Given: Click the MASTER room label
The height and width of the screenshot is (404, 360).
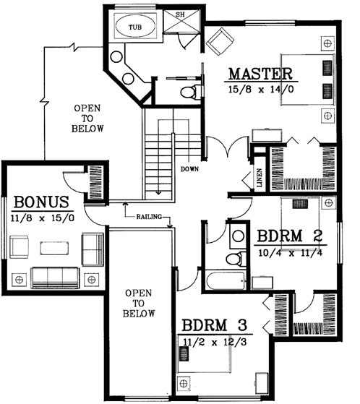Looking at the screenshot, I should (x=260, y=74).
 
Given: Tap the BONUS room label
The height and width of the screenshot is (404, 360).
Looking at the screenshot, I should (x=40, y=202).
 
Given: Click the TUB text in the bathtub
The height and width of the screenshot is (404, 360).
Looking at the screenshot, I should (x=135, y=27).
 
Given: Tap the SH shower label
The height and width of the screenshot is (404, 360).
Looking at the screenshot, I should (x=180, y=15).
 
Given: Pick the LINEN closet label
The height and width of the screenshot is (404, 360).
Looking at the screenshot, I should (x=259, y=178).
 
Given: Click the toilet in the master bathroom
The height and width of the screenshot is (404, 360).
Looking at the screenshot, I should (x=190, y=93).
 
